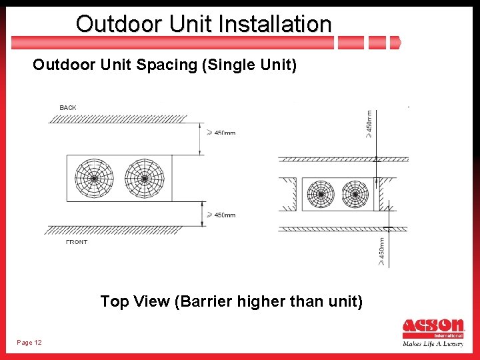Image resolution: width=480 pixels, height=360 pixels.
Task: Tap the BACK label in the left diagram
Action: coord(68,107)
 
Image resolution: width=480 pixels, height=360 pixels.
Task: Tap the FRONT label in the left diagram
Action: coord(77,242)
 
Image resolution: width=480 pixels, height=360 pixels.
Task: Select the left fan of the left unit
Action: coord(93,178)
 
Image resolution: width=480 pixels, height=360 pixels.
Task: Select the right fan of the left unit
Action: coord(144,178)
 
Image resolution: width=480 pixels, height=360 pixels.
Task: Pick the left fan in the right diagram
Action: coord(321,195)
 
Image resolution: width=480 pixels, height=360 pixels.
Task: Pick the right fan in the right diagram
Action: coord(355,195)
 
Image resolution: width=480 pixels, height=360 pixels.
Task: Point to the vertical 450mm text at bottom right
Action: coord(381,251)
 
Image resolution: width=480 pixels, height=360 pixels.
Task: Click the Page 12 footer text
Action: coord(29,343)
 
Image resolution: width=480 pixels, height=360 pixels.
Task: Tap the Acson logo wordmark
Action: coord(433,327)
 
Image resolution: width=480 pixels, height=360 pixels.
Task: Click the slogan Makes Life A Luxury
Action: coord(433,344)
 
